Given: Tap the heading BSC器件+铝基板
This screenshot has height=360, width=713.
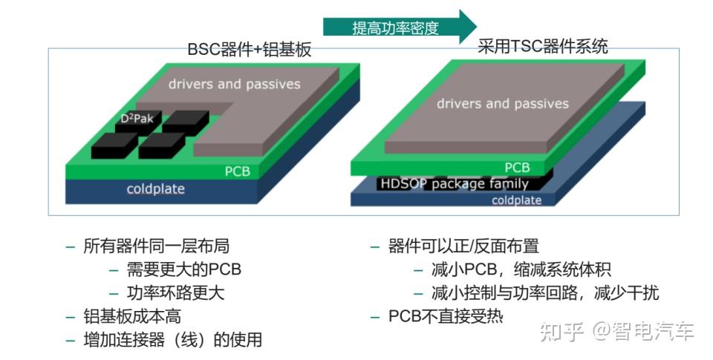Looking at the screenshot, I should tap(249, 50).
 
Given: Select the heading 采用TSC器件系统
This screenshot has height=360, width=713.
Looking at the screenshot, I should tap(542, 47).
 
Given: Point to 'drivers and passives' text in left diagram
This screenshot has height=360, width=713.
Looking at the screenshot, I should tap(234, 84).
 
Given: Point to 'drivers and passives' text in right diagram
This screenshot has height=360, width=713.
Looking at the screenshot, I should tap(502, 104).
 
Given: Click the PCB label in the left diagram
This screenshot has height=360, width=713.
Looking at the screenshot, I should tap(238, 172).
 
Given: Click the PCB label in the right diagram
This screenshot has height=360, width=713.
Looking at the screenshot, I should tap(517, 168).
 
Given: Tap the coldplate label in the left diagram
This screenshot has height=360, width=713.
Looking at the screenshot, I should tap(155, 189).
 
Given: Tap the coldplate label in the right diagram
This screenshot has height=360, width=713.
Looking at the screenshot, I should tap(516, 200).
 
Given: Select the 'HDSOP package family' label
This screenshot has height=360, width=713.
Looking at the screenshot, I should tap(455, 184).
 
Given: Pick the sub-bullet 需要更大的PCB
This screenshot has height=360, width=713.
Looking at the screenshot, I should tap(183, 269).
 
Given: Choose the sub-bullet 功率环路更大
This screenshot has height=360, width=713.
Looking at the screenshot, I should tap(175, 292).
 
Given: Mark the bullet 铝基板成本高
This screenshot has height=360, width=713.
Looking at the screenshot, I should tap(132, 316).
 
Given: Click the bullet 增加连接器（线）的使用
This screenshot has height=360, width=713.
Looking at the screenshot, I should tap(172, 340).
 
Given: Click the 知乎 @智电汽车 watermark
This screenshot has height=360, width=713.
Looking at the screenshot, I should tap(616, 331).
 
